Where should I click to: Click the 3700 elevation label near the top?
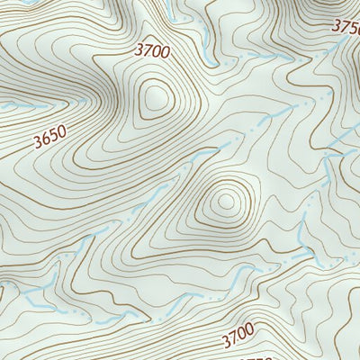[x=153, y=52]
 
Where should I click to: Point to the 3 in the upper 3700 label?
[x=139, y=53]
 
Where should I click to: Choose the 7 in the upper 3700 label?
[x=148, y=52]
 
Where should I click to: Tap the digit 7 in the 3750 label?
[x=344, y=27]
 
